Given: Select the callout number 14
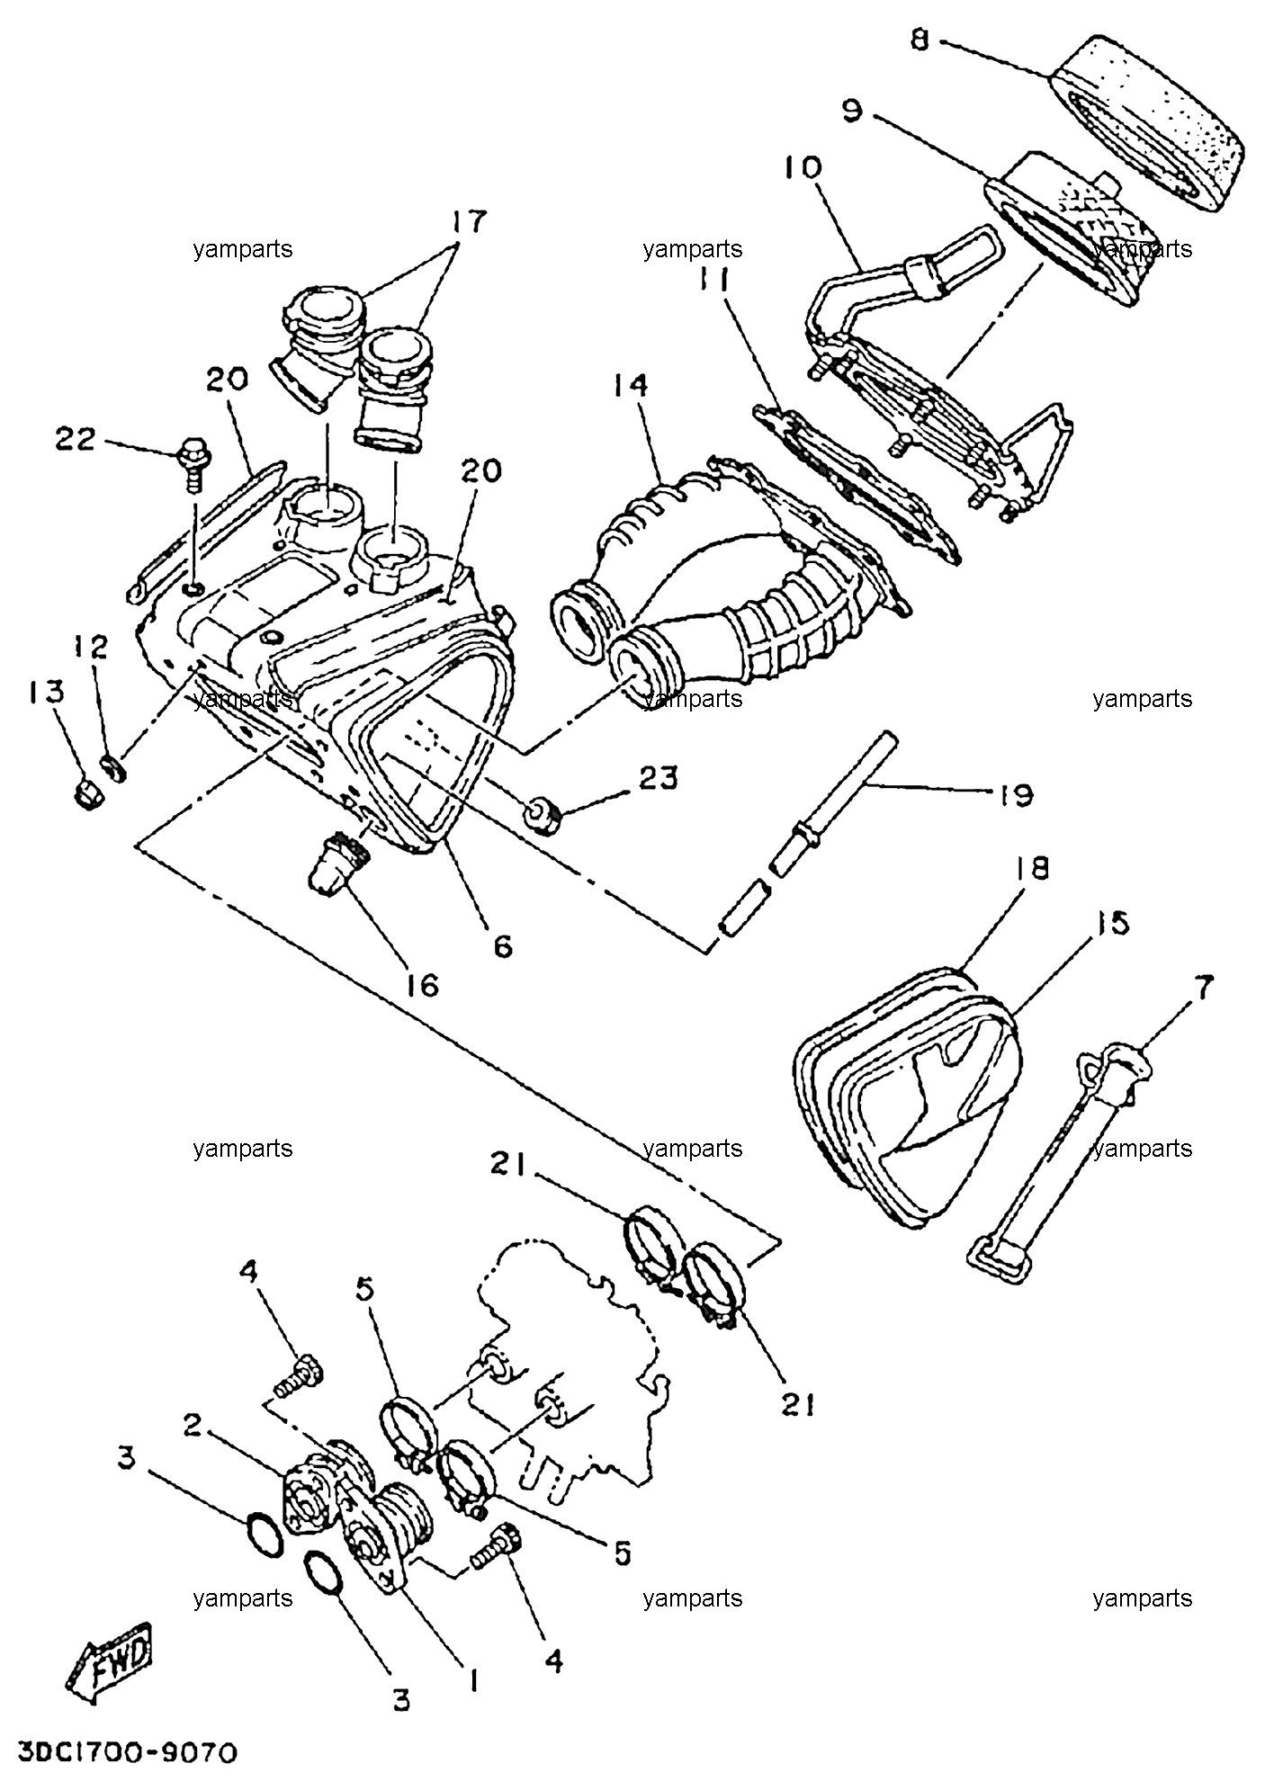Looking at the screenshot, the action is pyautogui.click(x=630, y=385).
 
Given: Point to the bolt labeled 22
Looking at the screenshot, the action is pyautogui.click(x=193, y=461).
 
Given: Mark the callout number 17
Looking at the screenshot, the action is pyautogui.click(x=467, y=220).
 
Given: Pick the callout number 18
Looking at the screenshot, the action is pyautogui.click(x=1032, y=868).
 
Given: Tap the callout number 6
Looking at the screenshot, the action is pyautogui.click(x=502, y=945).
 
